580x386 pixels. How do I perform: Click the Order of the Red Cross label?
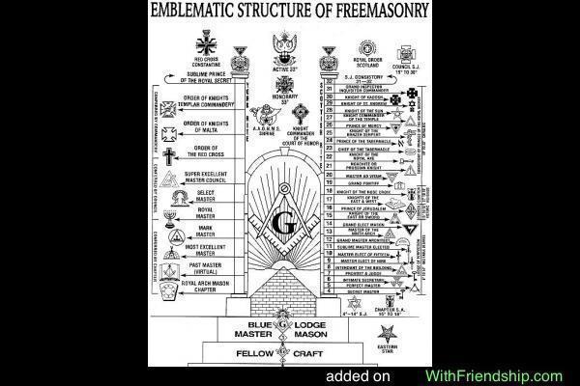[x=205, y=152]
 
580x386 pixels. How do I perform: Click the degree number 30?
[x=330, y=97]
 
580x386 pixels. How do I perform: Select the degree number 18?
[x=330, y=193]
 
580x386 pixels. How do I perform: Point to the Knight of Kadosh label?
[x=364, y=97]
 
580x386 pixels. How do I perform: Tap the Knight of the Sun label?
[x=366, y=113]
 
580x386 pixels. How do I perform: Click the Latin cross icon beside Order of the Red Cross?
[x=170, y=155]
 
